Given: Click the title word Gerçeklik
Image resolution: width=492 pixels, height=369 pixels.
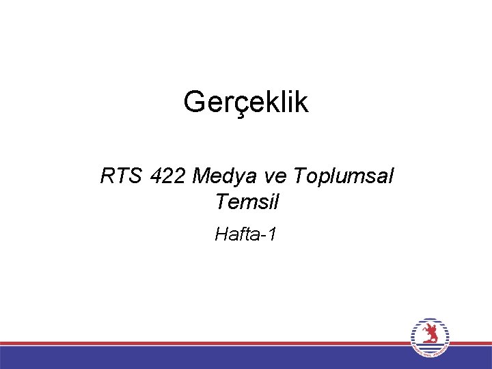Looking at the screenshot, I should tap(246, 103).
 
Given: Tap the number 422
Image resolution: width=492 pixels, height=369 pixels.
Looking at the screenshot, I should tap(167, 177).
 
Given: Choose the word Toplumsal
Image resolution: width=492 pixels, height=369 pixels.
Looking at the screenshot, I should tap(343, 177).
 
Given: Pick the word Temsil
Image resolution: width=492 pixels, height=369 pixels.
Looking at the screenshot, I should tap(247, 202).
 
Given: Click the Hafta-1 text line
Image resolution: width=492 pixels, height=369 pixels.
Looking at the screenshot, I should tap(246, 235).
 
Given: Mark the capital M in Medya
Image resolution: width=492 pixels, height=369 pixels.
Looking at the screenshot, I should tap(202, 177).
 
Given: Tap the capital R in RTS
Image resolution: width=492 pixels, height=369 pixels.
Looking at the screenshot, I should tap(108, 177).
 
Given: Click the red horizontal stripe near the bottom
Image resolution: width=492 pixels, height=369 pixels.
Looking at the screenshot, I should tap(205, 343).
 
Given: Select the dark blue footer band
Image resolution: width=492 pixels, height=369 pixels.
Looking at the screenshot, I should tap(205, 357).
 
